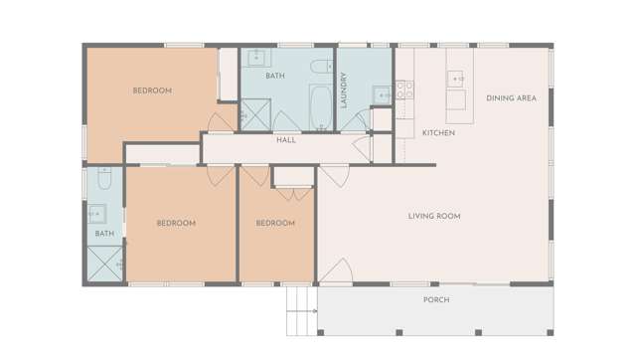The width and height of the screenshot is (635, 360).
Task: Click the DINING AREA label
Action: tap(511, 97)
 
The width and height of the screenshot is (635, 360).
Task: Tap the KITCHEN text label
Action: tap(438, 132)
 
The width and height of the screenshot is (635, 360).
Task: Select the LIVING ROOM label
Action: tap(433, 216)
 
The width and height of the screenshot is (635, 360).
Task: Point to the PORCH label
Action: tap(435, 299)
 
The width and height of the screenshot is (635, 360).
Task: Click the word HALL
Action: tap(286, 140)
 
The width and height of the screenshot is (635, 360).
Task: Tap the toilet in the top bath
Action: tap(320, 68)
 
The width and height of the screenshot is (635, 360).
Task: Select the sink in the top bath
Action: tap(255, 56)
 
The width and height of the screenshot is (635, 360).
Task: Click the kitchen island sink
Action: tap(455, 79)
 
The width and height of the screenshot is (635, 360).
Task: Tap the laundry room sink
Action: tap(381, 94)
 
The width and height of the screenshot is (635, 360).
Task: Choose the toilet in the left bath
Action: tap(104, 179)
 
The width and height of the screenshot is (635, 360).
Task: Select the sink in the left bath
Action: tap(97, 212)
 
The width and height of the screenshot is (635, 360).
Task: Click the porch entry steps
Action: tap(299, 310)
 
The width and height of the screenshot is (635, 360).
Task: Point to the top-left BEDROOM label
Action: tap(152, 90)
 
